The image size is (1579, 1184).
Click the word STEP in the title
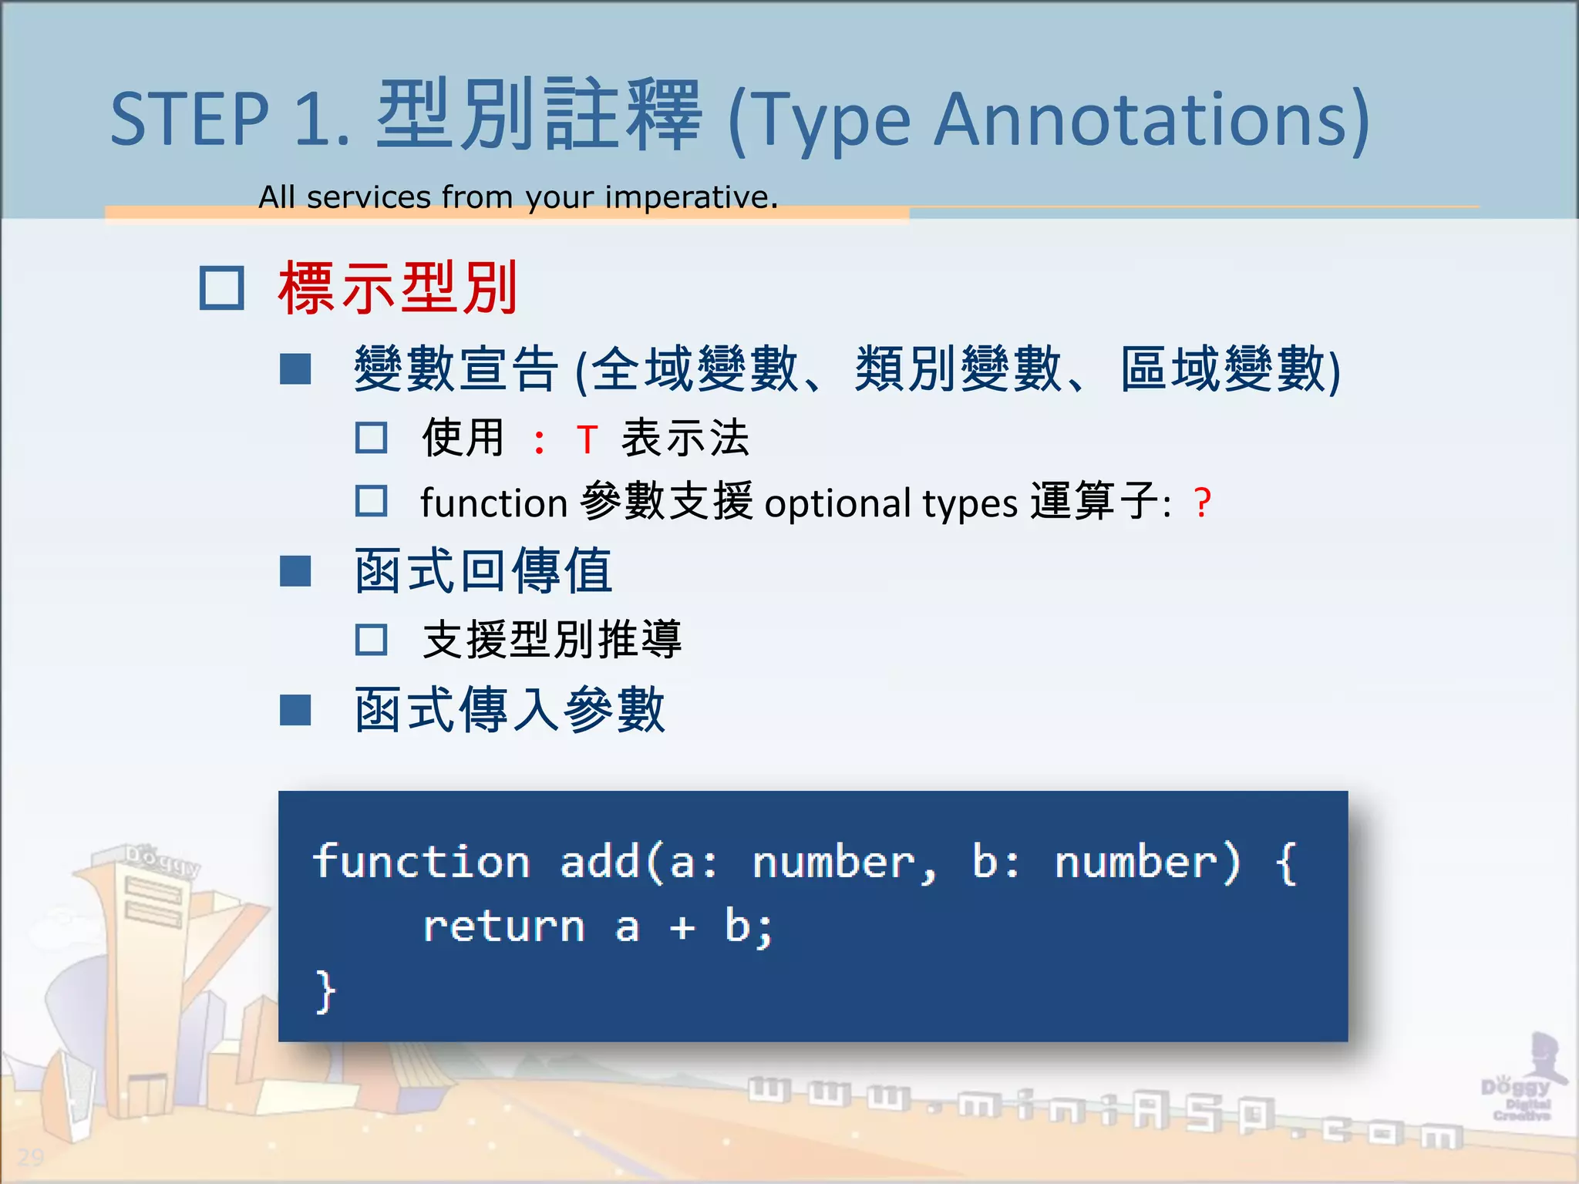click(189, 119)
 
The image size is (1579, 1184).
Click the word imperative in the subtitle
click(690, 198)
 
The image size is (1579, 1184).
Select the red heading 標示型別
click(397, 288)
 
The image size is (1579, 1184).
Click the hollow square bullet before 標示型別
click(222, 288)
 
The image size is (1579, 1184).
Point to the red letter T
click(587, 440)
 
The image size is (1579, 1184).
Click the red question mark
click(1202, 503)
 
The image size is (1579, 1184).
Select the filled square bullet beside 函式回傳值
click(295, 571)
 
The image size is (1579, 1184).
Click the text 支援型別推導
click(551, 640)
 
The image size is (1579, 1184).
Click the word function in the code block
click(421, 862)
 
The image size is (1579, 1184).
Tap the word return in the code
click(504, 927)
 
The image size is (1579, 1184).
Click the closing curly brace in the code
click(325, 992)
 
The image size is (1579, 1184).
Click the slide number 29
click(31, 1157)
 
